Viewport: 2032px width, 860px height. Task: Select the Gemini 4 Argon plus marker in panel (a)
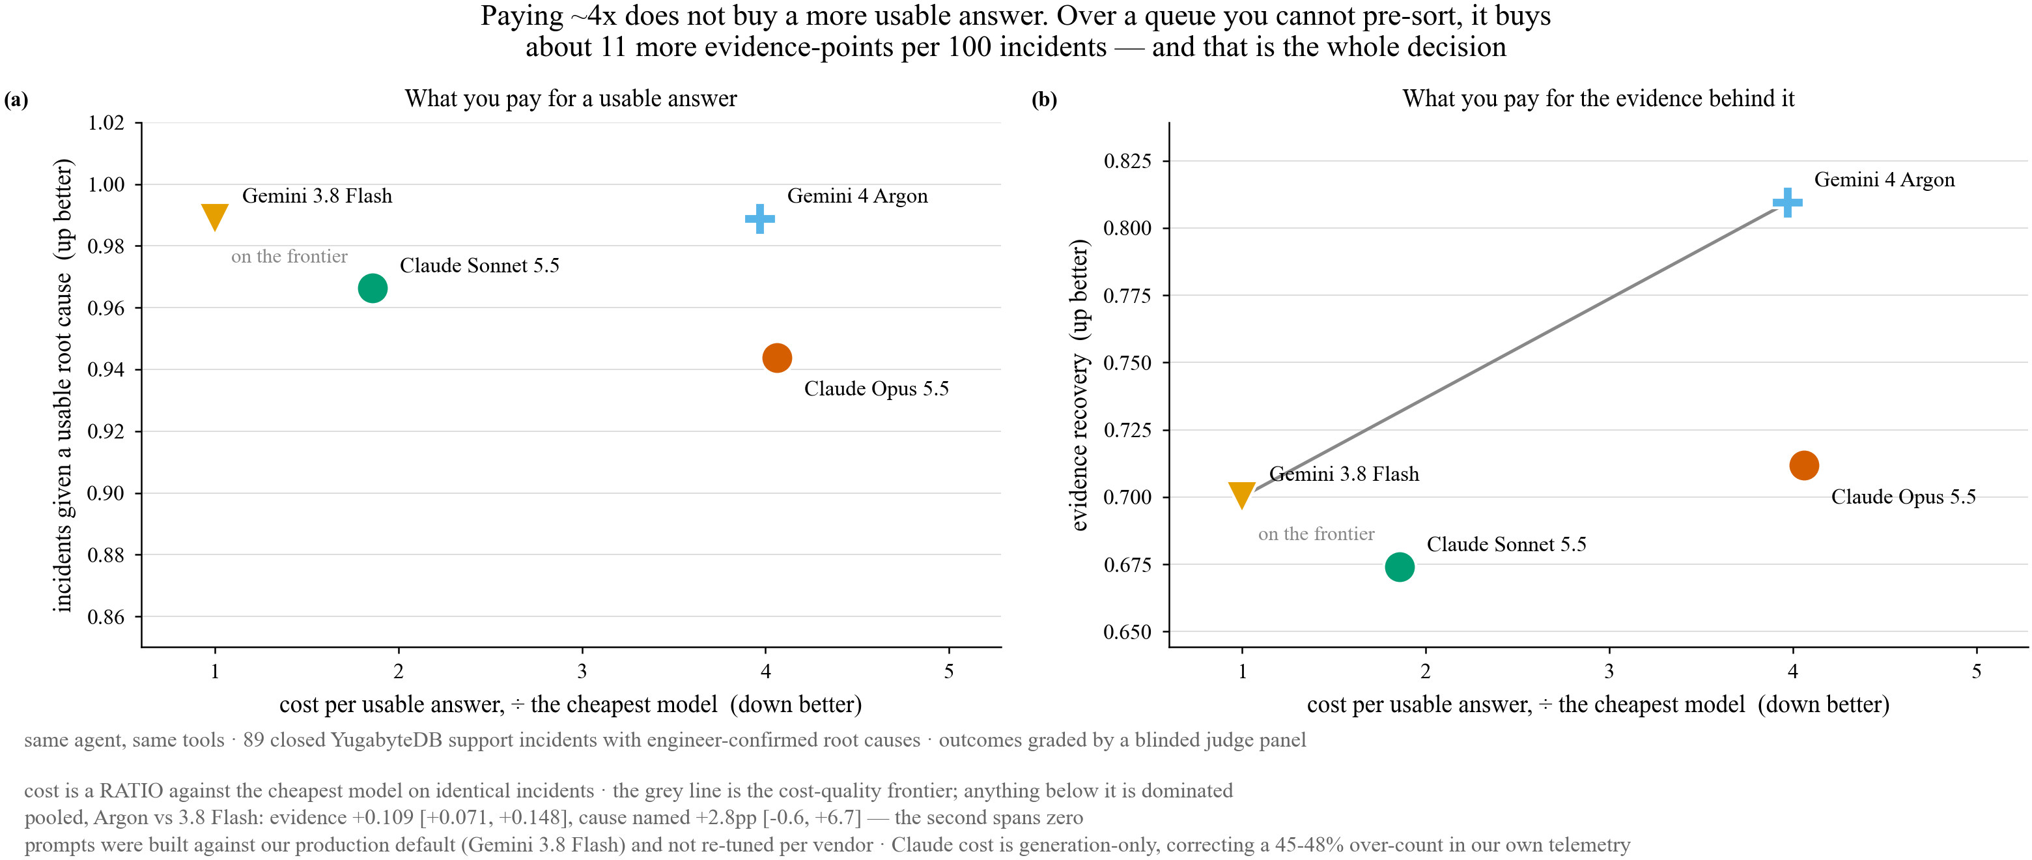[759, 218]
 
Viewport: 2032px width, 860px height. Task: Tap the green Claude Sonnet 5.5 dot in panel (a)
[373, 288]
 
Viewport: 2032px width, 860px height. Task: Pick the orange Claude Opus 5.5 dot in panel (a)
[777, 358]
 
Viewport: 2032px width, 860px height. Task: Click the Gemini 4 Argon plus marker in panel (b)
[1788, 203]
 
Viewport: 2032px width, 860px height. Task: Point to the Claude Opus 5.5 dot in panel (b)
[1804, 465]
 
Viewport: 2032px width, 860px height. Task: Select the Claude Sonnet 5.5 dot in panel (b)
[1400, 567]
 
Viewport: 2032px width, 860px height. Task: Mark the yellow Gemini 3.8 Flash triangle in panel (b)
[1241, 494]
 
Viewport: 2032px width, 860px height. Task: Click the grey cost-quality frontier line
[1514, 348]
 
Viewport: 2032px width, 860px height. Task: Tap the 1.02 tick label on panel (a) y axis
[106, 122]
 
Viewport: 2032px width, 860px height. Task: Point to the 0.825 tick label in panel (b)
[1127, 161]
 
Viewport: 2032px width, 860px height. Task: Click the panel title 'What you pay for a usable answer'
[571, 98]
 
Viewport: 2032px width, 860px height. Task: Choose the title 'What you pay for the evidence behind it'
[1598, 98]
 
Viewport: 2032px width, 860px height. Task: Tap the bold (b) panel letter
[1045, 100]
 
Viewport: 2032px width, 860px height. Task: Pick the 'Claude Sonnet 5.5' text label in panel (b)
[1506, 545]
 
